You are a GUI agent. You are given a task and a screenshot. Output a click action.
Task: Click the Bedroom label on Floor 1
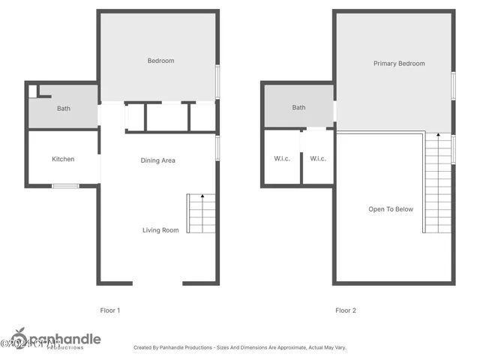(160, 61)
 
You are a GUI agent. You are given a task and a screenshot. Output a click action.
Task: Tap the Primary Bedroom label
(399, 64)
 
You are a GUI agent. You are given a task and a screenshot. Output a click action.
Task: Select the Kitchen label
(63, 159)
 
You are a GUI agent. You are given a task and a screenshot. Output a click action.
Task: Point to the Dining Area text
(158, 160)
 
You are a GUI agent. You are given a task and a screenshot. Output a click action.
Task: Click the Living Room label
(160, 230)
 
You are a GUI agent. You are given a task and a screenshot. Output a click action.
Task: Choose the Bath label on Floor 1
(64, 109)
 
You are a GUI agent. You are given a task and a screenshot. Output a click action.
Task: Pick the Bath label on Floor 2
(298, 108)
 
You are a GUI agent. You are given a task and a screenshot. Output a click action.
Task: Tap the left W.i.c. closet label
(281, 158)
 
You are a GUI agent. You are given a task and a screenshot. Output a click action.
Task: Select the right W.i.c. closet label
(318, 158)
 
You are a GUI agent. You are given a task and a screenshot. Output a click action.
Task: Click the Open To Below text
(390, 209)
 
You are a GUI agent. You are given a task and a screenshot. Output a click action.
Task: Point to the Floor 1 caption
(110, 310)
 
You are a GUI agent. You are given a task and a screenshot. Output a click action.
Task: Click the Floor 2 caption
(346, 310)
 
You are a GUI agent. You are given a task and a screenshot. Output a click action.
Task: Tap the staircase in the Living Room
(201, 214)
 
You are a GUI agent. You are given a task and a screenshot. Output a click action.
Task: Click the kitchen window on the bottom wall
(65, 185)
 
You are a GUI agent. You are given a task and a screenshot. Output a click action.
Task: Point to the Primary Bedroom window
(454, 85)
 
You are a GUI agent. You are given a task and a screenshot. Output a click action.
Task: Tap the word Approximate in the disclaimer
(284, 348)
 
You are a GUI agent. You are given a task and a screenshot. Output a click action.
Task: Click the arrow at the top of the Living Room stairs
(202, 196)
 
